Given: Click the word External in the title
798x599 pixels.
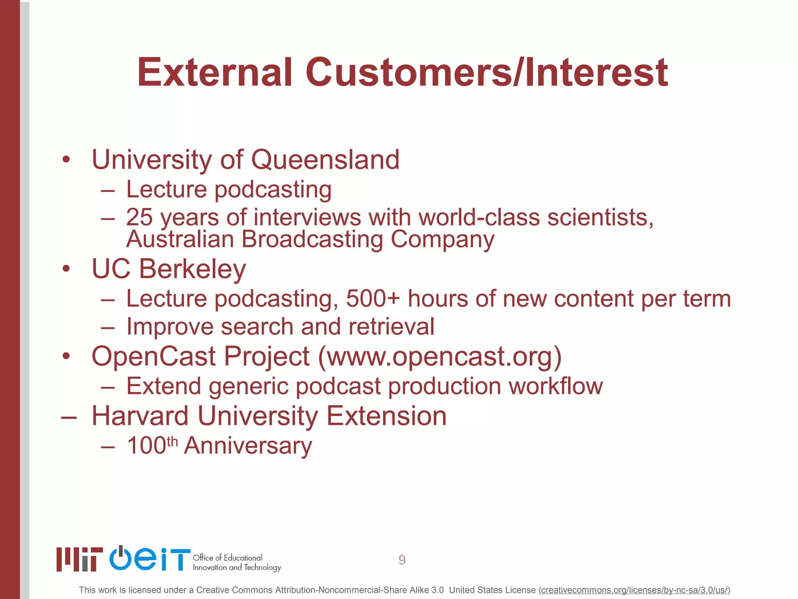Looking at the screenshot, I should (x=215, y=73).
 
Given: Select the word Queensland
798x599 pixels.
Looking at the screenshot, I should (x=325, y=160).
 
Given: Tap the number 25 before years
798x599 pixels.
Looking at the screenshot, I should (x=139, y=217).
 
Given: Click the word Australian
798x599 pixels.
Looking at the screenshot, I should (x=180, y=239).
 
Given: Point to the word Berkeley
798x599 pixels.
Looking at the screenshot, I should (x=192, y=269).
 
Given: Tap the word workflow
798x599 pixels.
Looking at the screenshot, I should (x=556, y=386).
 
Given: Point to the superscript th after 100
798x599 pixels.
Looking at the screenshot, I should (x=172, y=441).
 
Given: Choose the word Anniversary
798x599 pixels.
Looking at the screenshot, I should (x=248, y=446).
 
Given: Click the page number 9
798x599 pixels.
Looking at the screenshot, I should (x=402, y=560).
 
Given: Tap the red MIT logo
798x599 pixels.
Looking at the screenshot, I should (x=79, y=559).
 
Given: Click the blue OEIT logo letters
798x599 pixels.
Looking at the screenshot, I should (x=150, y=559).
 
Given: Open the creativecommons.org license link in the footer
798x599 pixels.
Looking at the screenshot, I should (x=634, y=590).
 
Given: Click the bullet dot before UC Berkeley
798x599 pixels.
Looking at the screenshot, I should (x=66, y=269).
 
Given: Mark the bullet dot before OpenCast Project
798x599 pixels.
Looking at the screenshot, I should (x=66, y=356).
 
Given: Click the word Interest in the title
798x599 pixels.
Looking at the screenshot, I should (x=597, y=73).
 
